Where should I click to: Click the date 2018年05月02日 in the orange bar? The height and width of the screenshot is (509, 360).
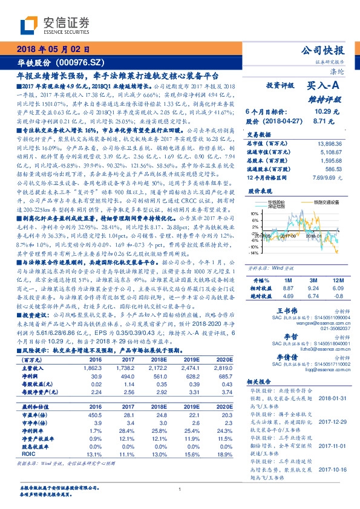click(53, 50)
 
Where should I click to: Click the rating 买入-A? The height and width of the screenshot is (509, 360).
click(323, 87)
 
